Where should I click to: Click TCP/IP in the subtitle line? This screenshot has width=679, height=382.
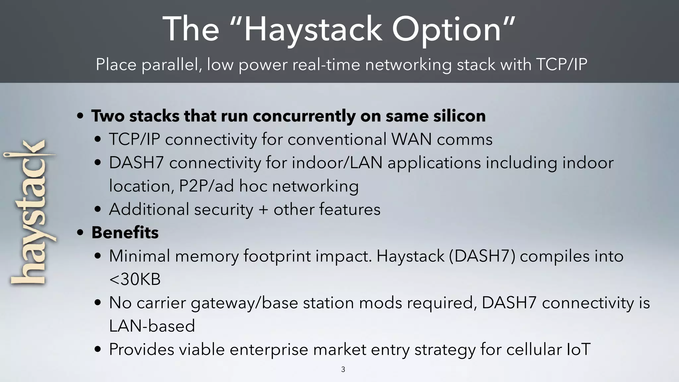point(561,64)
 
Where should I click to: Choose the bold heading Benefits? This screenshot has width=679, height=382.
point(125,232)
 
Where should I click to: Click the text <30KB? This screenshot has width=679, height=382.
point(135,279)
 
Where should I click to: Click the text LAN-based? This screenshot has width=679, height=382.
point(152,326)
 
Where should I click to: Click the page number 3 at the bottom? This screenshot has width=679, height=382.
point(343,369)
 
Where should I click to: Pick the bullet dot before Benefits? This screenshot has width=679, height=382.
point(80,233)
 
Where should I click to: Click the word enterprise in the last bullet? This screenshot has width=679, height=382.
point(268,350)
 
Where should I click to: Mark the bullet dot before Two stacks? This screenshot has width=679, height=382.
point(80,116)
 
